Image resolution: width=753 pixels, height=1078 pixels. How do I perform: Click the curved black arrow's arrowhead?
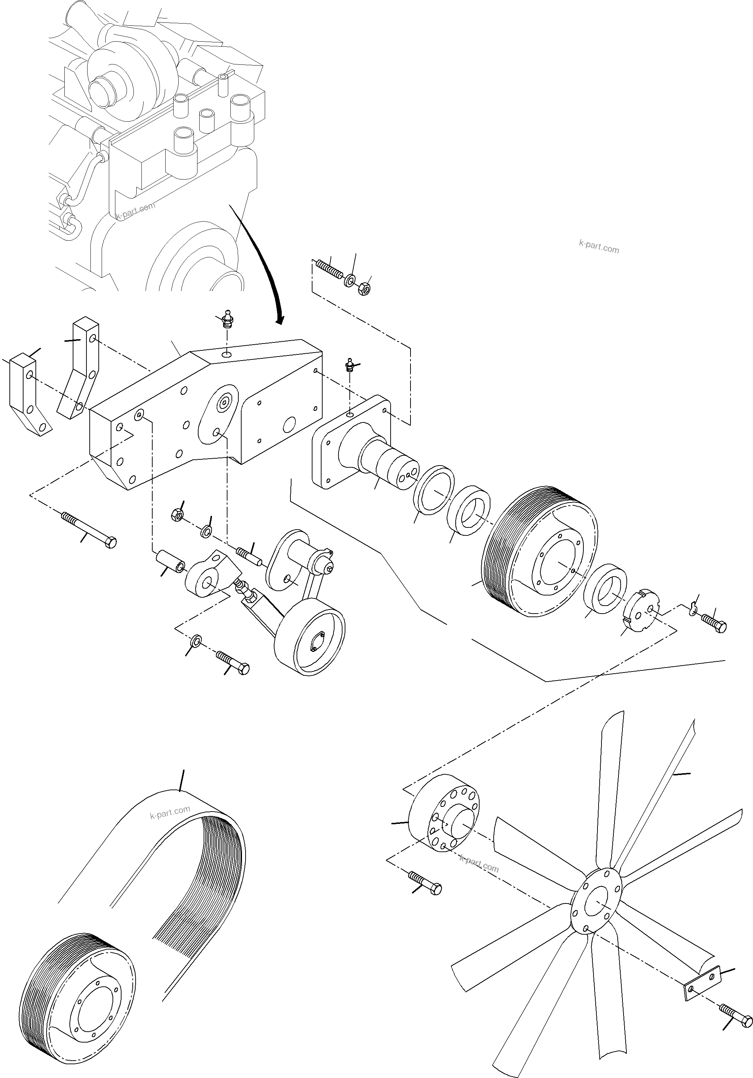point(280,320)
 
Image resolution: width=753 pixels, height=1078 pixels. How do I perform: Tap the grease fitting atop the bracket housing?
point(227,319)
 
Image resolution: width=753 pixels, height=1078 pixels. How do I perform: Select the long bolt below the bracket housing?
point(89,529)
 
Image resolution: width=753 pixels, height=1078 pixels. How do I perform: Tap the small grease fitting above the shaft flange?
point(349,365)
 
